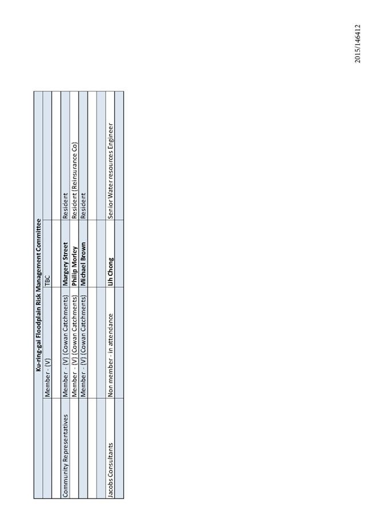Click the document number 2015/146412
click(358, 43)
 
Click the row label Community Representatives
click(65, 456)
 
